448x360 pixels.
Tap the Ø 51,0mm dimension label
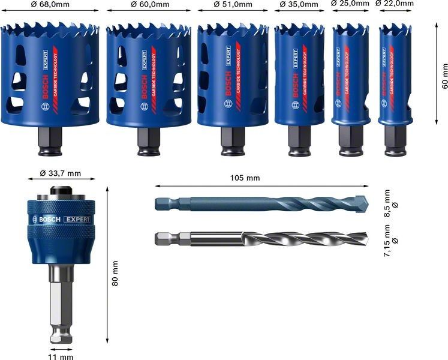(x=233, y=5)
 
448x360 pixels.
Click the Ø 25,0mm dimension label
(x=350, y=4)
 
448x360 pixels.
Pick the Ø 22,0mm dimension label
(x=395, y=4)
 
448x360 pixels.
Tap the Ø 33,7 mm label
(x=60, y=173)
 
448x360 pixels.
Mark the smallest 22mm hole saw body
(x=395, y=69)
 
